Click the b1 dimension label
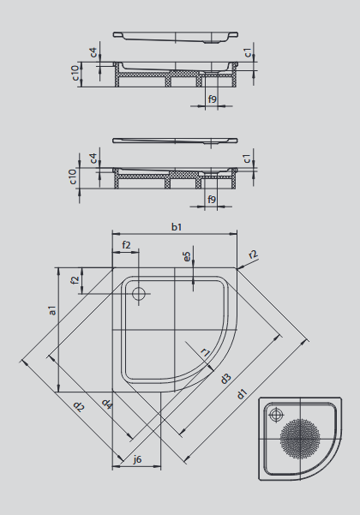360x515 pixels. (177, 227)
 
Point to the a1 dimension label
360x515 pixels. (52, 310)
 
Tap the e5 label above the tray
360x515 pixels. (187, 257)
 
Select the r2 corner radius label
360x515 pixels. (253, 255)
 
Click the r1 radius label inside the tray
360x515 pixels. (205, 352)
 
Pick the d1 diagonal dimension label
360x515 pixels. (242, 394)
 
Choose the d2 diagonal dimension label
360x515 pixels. (79, 407)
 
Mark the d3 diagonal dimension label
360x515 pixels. (225, 379)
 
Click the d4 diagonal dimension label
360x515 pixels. (107, 404)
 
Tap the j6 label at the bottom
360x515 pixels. (137, 459)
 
